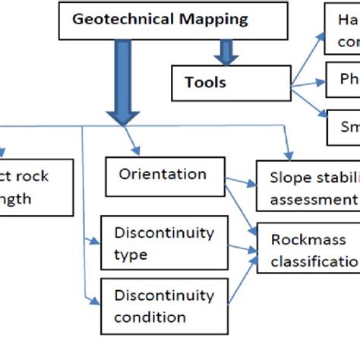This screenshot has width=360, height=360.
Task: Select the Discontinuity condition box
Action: [163, 307]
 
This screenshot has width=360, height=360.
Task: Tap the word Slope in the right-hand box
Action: [287, 177]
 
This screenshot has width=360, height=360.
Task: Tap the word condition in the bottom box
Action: [149, 317]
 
